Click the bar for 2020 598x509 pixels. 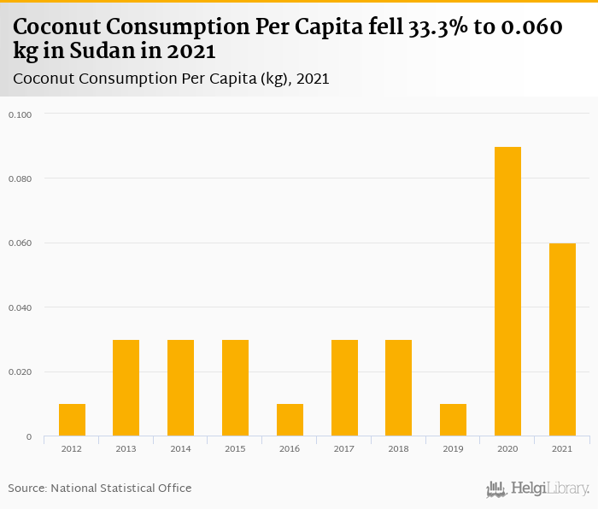coord(507,292)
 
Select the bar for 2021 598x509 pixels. coord(562,340)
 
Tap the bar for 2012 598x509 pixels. coord(72,420)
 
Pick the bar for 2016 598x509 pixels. coord(290,420)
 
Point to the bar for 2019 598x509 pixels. coord(453,420)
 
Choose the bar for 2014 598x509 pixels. coord(180,389)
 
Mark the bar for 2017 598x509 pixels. coord(344,389)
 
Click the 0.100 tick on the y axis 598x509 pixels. coord(20,114)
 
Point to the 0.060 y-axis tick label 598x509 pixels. coord(20,243)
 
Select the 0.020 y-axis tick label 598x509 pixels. coord(20,372)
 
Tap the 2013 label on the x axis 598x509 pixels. coord(126,448)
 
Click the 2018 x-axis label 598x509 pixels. coord(398,448)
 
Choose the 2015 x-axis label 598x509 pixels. coord(235,448)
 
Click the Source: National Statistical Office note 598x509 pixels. coord(100,488)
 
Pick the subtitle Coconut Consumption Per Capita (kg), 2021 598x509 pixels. coord(172,79)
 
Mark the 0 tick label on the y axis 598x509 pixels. coord(28,436)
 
